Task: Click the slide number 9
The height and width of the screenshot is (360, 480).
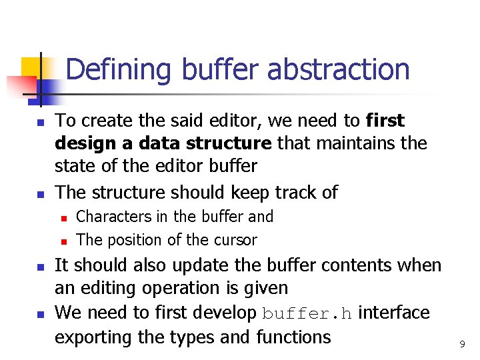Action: tap(462, 344)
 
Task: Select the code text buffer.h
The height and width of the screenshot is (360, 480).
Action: tap(307, 313)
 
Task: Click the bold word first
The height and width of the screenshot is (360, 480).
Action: tap(385, 121)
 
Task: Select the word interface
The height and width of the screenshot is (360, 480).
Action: tap(394, 313)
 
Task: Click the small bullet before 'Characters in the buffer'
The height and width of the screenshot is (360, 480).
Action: tap(63, 218)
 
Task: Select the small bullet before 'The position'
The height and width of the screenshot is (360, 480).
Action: tap(63, 241)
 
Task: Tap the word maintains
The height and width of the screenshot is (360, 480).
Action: tap(333, 144)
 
